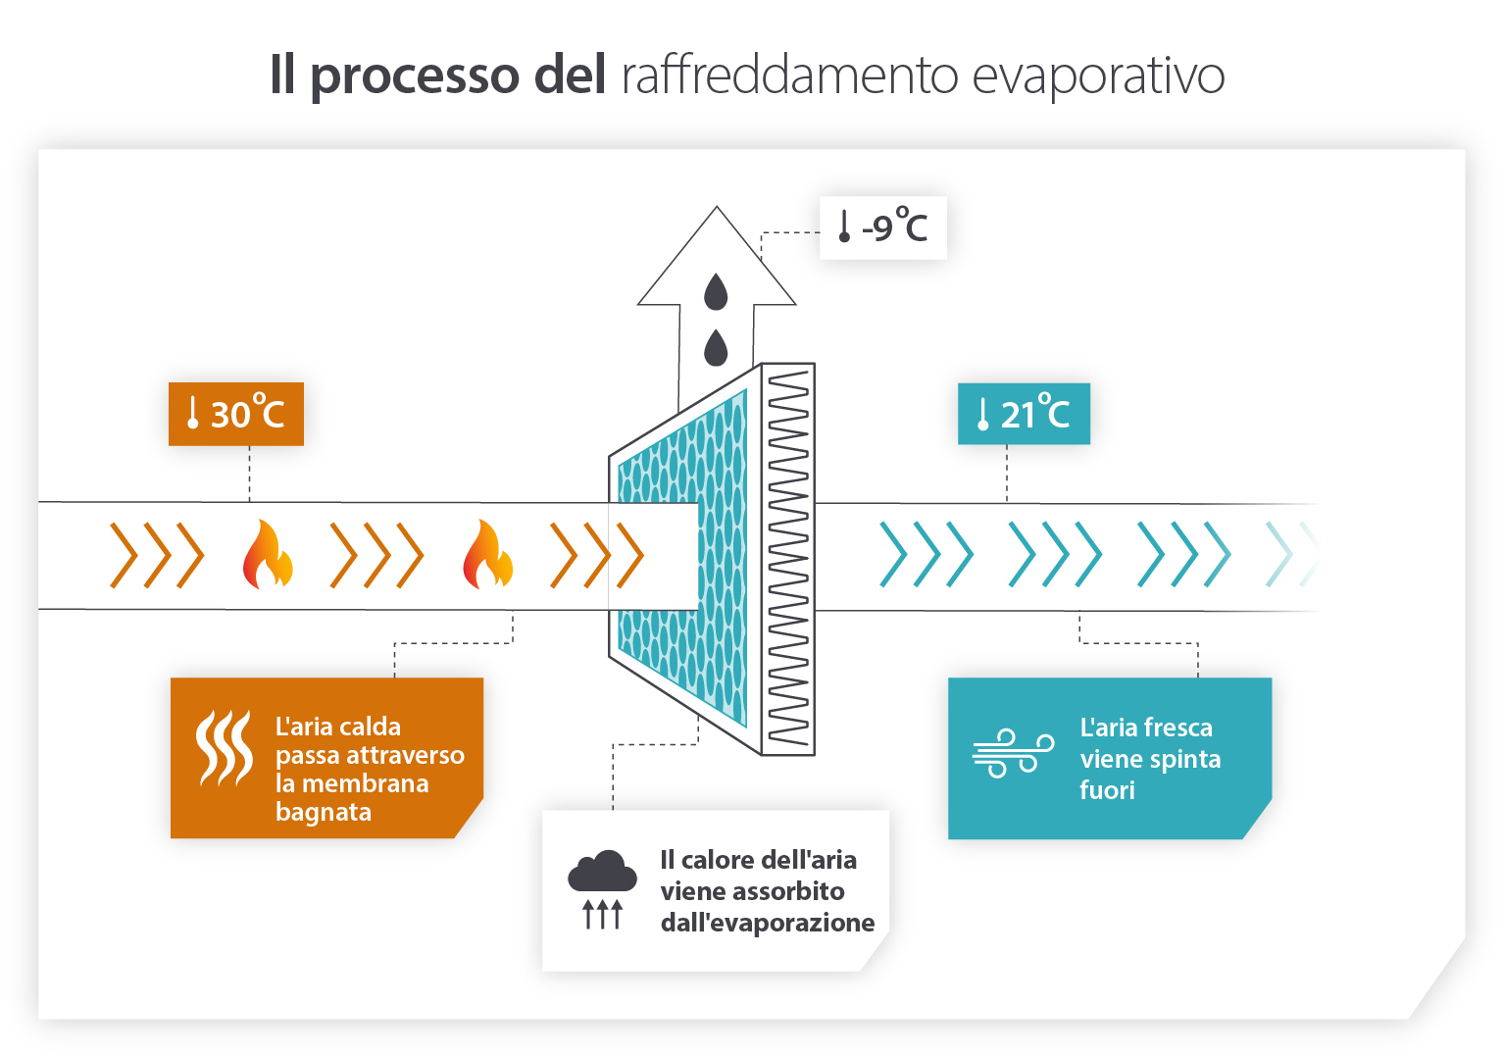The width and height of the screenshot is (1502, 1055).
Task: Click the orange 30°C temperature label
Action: click(x=236, y=414)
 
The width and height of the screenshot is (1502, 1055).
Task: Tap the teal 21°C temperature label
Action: click(x=1024, y=414)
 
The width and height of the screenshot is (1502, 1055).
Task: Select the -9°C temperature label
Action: click(x=883, y=227)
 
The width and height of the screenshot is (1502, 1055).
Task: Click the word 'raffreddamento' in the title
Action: click(x=789, y=75)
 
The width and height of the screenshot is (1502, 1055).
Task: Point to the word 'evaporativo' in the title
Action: click(x=1098, y=75)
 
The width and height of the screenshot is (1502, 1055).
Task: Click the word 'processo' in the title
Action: click(x=415, y=75)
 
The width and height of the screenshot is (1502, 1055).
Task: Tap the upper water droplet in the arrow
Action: click(x=717, y=291)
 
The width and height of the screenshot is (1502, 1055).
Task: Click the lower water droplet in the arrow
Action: click(x=717, y=347)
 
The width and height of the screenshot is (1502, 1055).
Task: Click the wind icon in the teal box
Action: click(x=1013, y=753)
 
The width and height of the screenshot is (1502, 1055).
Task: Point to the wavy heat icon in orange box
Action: click(x=224, y=749)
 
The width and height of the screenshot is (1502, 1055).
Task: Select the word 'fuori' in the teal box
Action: click(x=1107, y=790)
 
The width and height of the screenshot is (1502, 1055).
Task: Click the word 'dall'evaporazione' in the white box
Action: click(x=768, y=923)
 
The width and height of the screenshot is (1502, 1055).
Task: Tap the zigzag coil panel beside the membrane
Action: click(x=788, y=559)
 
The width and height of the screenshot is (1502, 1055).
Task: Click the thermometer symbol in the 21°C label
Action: click(x=982, y=415)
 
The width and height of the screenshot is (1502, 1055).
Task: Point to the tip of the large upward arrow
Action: click(x=717, y=210)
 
